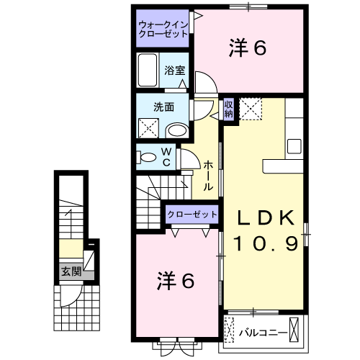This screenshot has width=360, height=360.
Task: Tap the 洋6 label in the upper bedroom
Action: click(248, 48)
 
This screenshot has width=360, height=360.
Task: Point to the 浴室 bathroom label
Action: click(174, 71)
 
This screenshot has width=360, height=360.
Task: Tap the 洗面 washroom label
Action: click(163, 107)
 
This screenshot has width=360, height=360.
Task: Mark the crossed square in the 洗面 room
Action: click(149, 130)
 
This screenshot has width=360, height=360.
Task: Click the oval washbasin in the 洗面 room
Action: click(176, 130)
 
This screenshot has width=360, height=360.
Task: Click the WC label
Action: click(166, 156)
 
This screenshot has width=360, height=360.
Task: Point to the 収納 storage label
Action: click(228, 109)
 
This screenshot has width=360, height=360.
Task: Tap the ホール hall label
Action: click(207, 175)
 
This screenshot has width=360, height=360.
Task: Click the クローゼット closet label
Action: click(192, 215)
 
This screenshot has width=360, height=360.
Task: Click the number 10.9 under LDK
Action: click(265, 245)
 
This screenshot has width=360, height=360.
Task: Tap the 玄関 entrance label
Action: click(71, 271)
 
